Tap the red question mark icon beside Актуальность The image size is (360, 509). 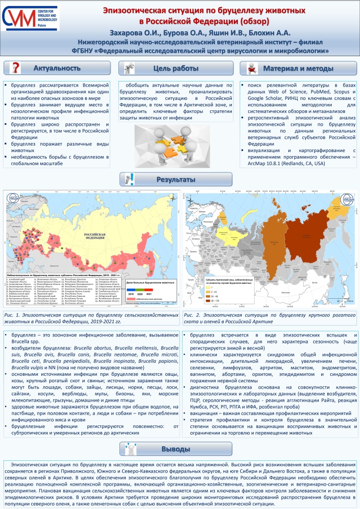click(16, 68)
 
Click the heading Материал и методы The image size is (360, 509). click(298, 68)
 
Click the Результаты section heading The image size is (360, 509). click(180, 178)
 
